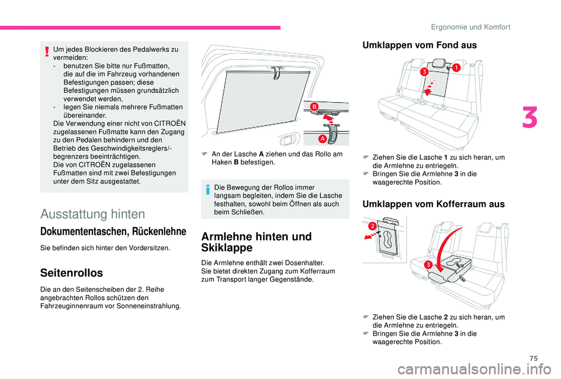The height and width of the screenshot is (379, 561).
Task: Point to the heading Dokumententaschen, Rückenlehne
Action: point(113,231)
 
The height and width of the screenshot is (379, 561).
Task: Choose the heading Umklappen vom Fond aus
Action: point(420,45)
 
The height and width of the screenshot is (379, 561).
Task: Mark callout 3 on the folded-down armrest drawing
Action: point(428,265)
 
